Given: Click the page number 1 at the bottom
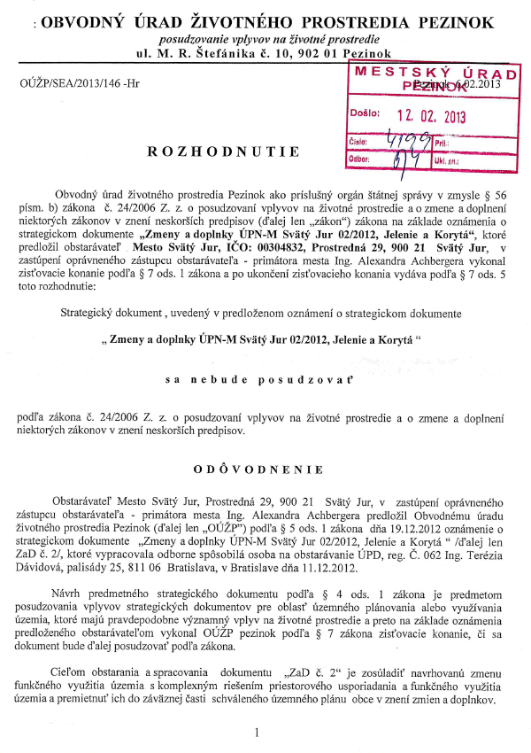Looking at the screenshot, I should [255, 733].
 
